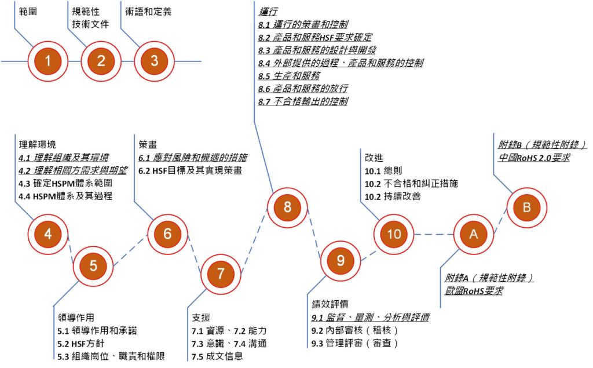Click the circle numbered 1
[48, 61]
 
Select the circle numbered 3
[154, 61]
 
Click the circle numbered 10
[394, 234]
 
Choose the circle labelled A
[474, 234]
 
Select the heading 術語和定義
[148, 11]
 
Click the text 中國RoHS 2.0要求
[534, 157]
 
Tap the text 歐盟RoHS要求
[470, 290]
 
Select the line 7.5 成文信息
[217, 356]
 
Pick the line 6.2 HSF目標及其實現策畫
[190, 170]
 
